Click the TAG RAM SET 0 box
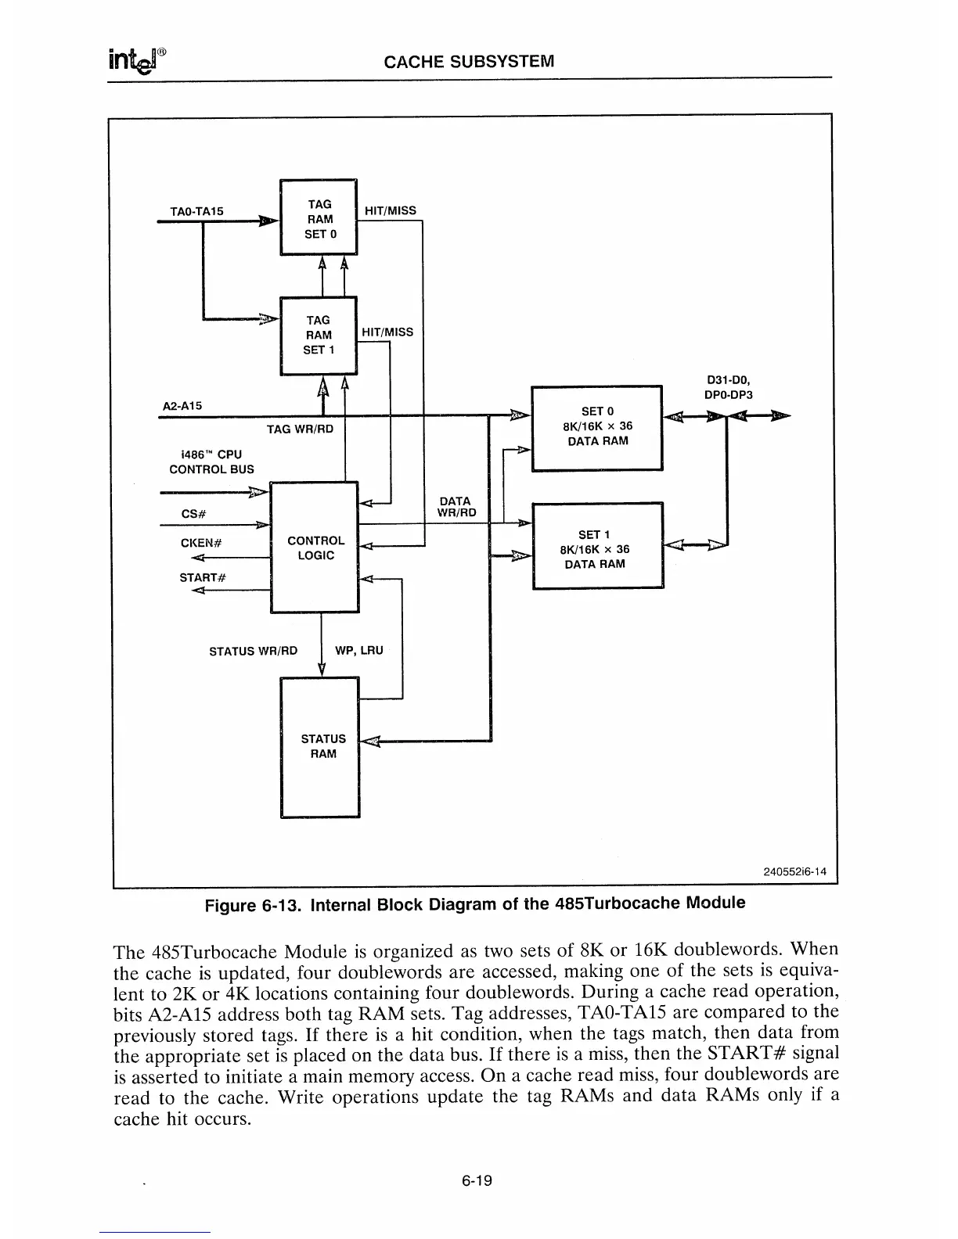[x=319, y=218]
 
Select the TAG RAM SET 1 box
[x=319, y=336]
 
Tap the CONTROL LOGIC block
[x=315, y=548]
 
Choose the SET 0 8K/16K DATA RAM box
[x=597, y=427]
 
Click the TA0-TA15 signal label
[x=196, y=211]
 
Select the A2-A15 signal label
[x=182, y=406]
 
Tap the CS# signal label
[x=193, y=514]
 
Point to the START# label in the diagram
[x=203, y=577]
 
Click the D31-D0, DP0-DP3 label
[x=729, y=388]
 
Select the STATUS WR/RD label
[x=254, y=651]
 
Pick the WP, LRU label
[x=359, y=650]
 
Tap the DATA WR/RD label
[x=456, y=507]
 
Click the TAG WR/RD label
[x=300, y=429]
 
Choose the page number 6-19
[x=476, y=1180]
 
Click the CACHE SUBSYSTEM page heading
[x=469, y=61]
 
